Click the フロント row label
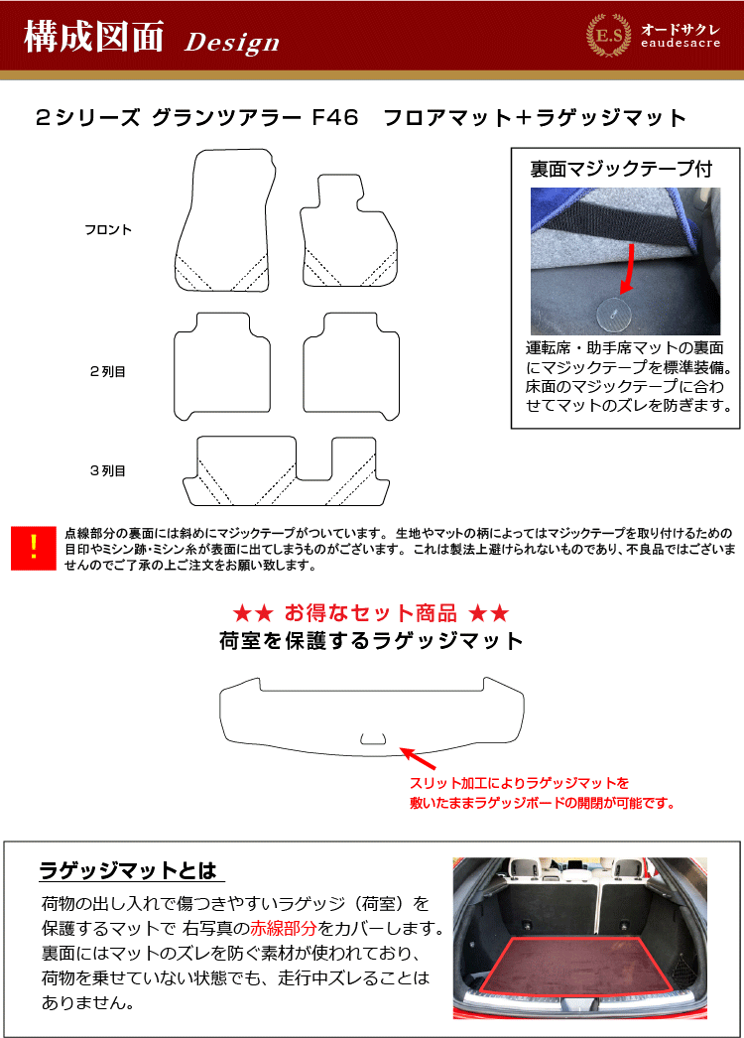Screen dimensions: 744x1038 click(x=108, y=229)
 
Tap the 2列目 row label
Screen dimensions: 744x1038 click(x=108, y=371)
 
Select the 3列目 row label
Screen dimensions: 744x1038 click(x=108, y=470)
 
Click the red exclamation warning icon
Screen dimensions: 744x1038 click(x=34, y=548)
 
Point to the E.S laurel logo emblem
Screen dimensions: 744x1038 click(x=608, y=35)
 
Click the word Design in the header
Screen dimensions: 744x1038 click(x=232, y=43)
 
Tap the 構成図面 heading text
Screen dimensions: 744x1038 click(x=94, y=36)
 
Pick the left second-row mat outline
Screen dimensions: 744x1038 click(x=175, y=371)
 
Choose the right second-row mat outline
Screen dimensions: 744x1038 click(x=399, y=371)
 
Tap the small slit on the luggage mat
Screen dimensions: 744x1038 click(x=373, y=738)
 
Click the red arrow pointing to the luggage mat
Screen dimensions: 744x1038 click(x=418, y=758)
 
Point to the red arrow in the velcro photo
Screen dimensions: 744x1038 click(x=628, y=269)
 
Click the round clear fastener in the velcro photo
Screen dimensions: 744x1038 click(x=614, y=314)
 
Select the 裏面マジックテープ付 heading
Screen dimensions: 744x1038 click(x=621, y=170)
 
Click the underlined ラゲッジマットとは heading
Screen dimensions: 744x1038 click(x=128, y=870)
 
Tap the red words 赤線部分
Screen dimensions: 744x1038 click(x=284, y=928)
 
